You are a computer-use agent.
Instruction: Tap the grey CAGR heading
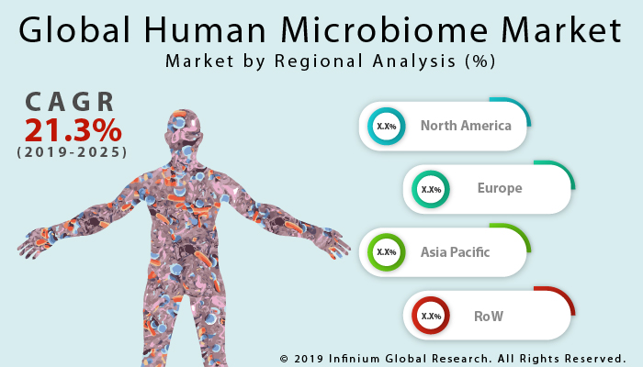point(72,101)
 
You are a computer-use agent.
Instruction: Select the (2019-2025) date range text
point(72,151)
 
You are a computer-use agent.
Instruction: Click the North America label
point(466,126)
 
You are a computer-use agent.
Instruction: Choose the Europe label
point(500,189)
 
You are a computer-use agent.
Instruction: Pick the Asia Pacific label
point(455,251)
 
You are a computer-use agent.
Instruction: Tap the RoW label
point(489,316)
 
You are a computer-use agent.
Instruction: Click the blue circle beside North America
point(387,127)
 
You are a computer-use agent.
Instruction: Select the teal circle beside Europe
point(431,190)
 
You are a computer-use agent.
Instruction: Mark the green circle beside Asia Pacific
point(387,252)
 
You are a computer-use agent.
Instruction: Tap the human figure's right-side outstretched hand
point(334,243)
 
